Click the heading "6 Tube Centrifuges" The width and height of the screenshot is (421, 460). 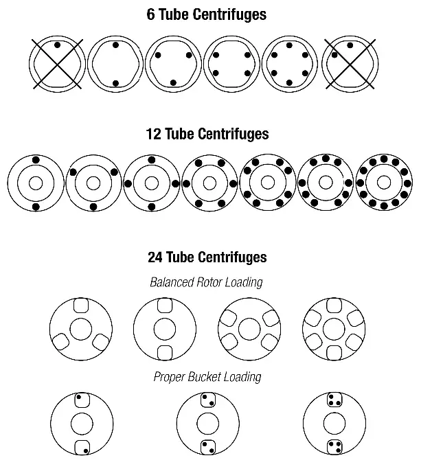tap(207, 14)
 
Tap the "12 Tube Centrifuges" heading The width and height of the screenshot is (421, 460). tap(207, 135)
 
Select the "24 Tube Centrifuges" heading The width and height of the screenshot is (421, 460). tap(207, 258)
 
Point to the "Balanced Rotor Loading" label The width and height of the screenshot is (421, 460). tap(207, 282)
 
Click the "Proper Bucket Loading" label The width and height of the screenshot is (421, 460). tap(207, 377)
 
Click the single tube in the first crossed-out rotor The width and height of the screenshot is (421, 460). tap(57, 45)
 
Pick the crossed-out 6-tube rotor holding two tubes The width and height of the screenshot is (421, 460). tap(352, 64)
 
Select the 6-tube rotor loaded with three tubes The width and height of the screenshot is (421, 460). tap(175, 64)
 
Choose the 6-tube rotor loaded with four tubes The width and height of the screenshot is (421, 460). tap(234, 64)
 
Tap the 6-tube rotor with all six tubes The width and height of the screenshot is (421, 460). tap(293, 64)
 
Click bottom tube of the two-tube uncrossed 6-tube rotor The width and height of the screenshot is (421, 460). tap(116, 83)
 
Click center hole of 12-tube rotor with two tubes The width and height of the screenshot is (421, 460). tap(36, 183)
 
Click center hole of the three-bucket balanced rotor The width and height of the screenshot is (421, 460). tap(80, 329)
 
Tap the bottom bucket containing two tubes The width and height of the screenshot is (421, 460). tap(207, 446)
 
